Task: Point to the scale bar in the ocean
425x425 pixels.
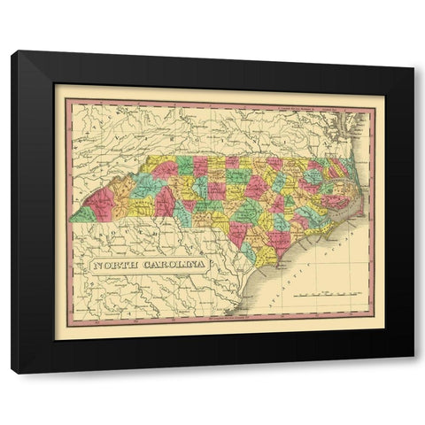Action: (328, 291)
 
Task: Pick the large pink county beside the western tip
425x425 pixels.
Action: (99, 201)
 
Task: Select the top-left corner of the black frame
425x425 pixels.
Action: (12, 52)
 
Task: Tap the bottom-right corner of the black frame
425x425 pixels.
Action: (413, 373)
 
